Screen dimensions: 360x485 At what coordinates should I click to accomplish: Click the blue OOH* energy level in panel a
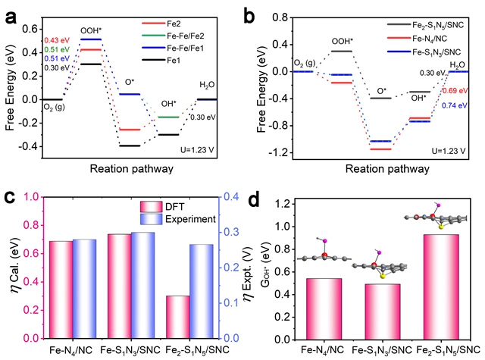click(90, 39)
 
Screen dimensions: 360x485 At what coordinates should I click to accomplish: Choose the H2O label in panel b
click(458, 65)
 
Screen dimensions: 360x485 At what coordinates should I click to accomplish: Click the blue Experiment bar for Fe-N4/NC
click(85, 289)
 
